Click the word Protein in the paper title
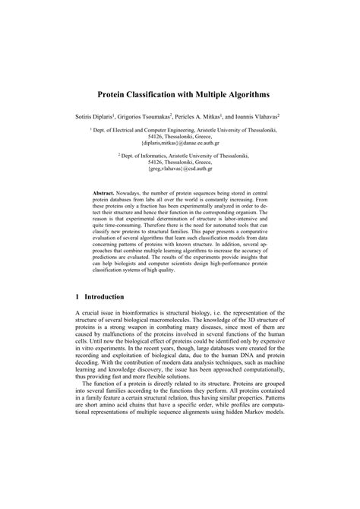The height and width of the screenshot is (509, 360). point(119,96)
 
